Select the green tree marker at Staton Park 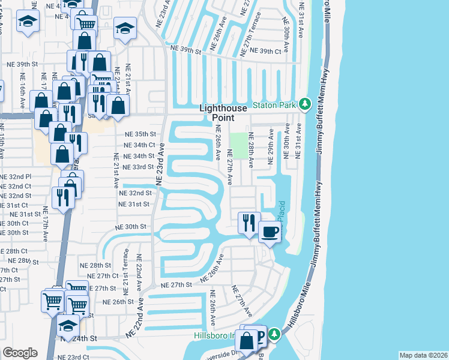305,105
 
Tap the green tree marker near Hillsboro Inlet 274,334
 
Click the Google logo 20,353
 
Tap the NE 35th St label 140,134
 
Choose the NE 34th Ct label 139,145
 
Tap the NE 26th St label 118,302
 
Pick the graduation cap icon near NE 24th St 68,326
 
